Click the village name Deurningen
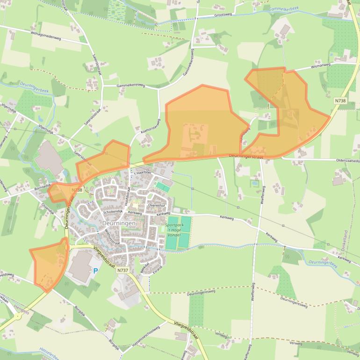[x=119, y=223]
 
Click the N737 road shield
[x=122, y=270]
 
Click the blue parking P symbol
[x=96, y=271]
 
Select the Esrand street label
[x=157, y=269]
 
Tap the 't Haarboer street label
[x=143, y=173]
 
